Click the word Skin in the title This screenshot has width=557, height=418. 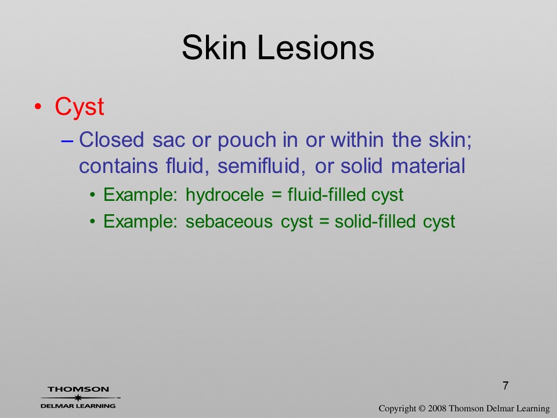coord(214,47)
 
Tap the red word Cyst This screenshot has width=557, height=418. coord(79,107)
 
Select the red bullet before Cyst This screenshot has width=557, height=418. coord(38,107)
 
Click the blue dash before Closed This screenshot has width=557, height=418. coord(67,140)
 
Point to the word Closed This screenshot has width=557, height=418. coord(111,139)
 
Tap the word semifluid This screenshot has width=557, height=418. coord(261,166)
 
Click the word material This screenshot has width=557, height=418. coord(428,166)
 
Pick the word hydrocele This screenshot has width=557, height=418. coord(225,195)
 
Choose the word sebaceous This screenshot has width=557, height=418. coord(229,221)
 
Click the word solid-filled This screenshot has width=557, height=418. coord(375,221)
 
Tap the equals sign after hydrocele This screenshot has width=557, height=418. coord(276,195)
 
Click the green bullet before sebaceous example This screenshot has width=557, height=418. coord(93,222)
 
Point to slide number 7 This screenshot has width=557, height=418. coord(505,385)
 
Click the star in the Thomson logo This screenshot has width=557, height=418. coord(78,398)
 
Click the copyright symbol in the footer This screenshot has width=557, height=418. coord(422,409)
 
